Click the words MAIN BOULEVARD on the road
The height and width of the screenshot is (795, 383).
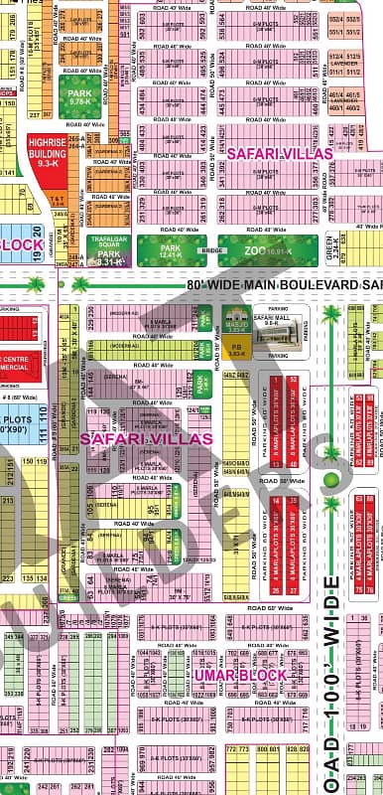pyautogui.click(x=307, y=285)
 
